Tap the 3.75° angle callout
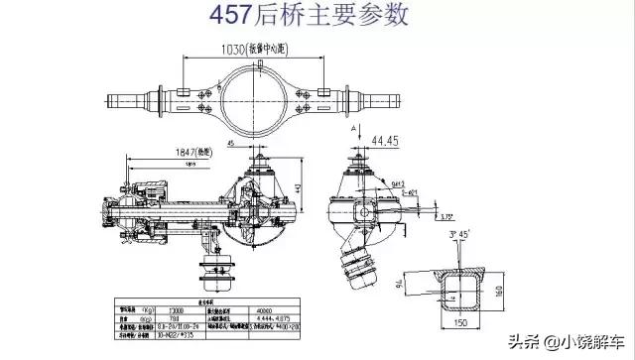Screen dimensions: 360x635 click(448, 216)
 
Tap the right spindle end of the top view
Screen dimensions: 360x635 click(388, 100)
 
